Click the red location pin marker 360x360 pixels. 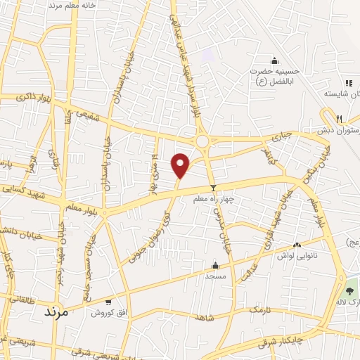coord(181,165)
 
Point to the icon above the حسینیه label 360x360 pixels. coord(274,60)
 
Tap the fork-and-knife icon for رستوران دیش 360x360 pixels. coord(339,118)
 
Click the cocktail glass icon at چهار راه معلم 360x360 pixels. coord(214,188)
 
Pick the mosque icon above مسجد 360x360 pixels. coord(215,266)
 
